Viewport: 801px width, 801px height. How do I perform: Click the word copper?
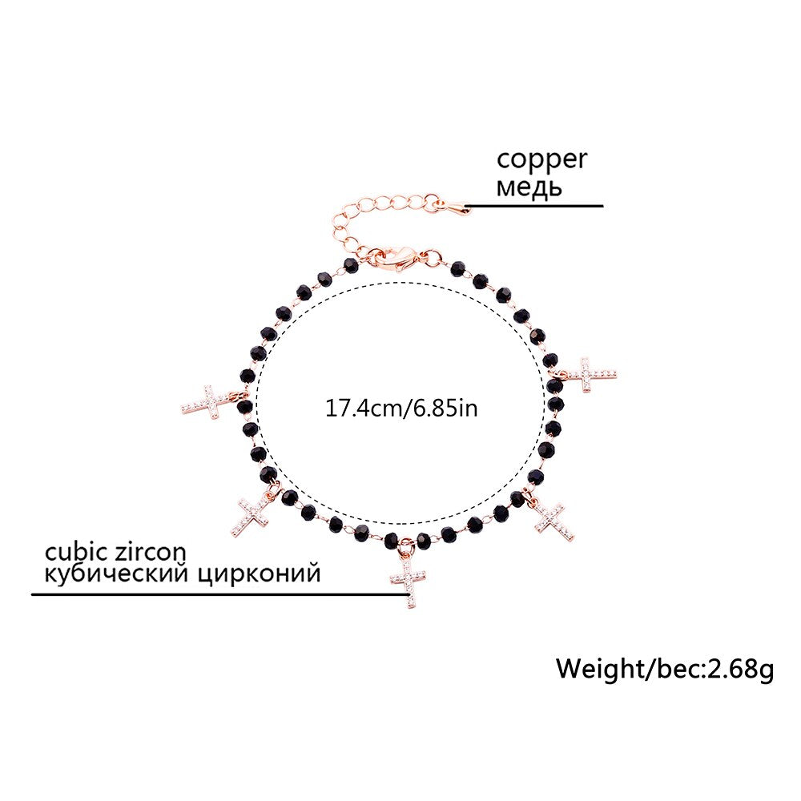click(541, 159)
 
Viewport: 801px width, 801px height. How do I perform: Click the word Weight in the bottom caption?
click(598, 667)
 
